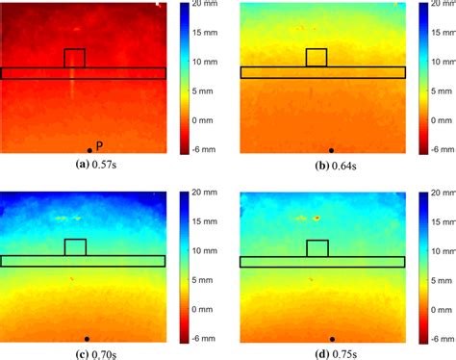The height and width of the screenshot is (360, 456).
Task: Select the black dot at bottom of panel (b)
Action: pos(331,150)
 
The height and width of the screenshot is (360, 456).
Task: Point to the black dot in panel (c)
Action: pos(87,338)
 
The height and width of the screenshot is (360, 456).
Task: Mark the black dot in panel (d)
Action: pos(332,338)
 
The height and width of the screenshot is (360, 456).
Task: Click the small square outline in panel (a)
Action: pos(74,58)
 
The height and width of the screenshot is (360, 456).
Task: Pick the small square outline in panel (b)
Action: pos(316,58)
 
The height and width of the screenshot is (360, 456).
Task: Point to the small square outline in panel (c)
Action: pos(75,247)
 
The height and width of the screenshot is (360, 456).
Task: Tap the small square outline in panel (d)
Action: pos(317,247)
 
